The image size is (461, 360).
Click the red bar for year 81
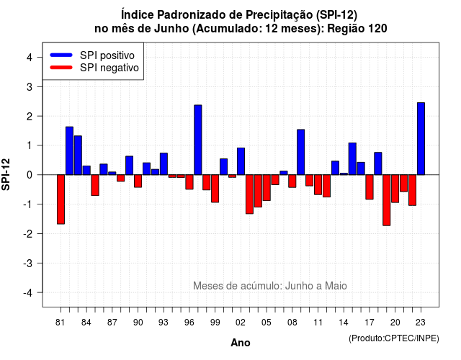[x=61, y=199]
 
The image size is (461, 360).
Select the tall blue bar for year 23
[x=421, y=139]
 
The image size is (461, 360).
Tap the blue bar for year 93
[x=164, y=164]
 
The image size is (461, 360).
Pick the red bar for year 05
[x=267, y=188]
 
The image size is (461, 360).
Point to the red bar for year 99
[x=215, y=189]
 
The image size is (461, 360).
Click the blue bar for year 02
[x=241, y=161]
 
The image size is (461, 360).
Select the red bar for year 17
[x=370, y=187]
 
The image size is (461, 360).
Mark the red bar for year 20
[x=395, y=189]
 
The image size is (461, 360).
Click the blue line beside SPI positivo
[x=61, y=55]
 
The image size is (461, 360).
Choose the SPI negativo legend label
[x=109, y=68]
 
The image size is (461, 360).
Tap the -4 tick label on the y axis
[x=27, y=293]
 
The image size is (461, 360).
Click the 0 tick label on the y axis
[x=30, y=175]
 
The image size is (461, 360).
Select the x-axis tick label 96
[x=189, y=323]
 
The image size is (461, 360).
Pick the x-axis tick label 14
[x=344, y=323]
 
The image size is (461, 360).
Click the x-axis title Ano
[x=241, y=343]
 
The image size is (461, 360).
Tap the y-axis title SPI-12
[x=6, y=174]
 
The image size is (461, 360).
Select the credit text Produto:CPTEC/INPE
[x=394, y=338]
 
